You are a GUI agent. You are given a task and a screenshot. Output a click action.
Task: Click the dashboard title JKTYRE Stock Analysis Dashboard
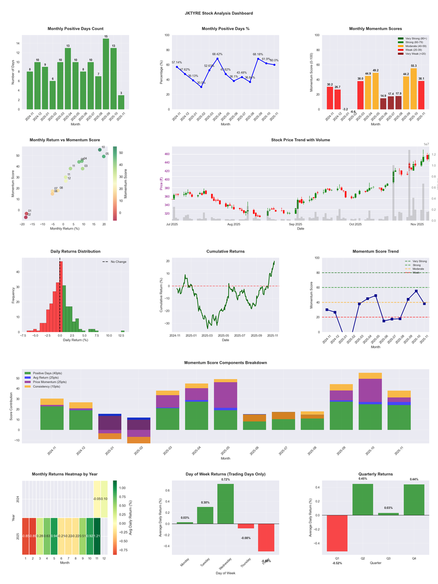point(219,13)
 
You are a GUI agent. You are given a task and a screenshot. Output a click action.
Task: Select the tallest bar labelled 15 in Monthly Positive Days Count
point(106,73)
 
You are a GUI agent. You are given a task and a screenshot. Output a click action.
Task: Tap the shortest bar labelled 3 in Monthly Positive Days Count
point(121,102)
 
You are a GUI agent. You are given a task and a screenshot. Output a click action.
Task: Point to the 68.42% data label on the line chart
point(217,54)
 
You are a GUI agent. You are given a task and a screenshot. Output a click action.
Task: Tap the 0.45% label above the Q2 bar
point(363,479)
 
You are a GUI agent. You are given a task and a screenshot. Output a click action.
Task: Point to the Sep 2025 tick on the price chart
point(296,224)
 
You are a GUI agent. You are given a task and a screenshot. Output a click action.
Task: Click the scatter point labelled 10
point(100,150)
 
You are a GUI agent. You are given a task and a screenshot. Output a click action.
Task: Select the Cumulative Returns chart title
point(226,251)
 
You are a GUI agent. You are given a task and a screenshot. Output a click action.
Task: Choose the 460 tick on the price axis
point(166,155)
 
